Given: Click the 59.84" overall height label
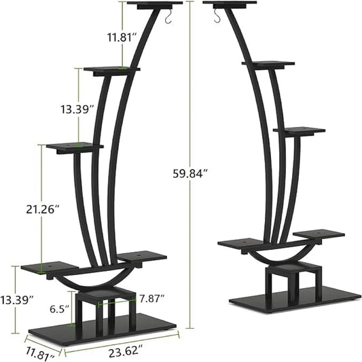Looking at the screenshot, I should tap(190, 173).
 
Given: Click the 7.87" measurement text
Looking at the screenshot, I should tap(151, 297).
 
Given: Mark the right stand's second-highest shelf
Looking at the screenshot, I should tap(268, 63).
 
